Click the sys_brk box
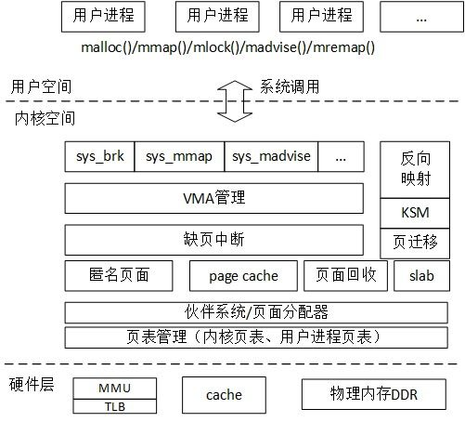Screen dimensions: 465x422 99,156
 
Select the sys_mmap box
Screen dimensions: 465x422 179,156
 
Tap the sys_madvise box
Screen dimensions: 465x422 271,156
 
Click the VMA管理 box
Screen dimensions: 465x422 214,198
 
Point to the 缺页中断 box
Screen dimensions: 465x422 214,240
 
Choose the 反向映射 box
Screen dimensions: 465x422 415,170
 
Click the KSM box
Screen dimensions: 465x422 415,213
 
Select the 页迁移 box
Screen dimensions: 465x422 415,244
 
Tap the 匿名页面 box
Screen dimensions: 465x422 119,276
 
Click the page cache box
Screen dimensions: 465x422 243,276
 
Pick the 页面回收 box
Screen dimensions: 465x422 345,276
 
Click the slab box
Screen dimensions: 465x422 421,276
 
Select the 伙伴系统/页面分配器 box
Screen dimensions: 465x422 256,312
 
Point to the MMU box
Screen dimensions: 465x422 115,389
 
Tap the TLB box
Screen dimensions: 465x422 115,406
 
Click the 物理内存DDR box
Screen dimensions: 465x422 374,394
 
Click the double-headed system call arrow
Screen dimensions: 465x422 235,101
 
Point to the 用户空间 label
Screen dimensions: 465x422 41,86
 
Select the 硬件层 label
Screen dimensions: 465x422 32,385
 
